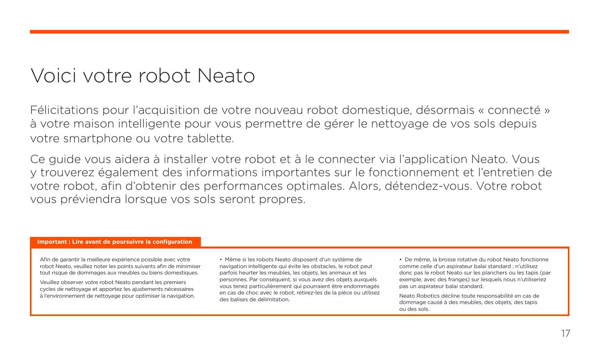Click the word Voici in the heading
coord(53,76)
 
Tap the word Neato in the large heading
coord(226,76)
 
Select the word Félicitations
coord(64,110)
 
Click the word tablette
coord(210,139)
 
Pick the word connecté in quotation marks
coord(514,110)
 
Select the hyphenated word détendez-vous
coord(428,186)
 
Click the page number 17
coord(565,334)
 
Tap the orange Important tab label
coord(115,242)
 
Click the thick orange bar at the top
coord(299,32)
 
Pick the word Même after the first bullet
coord(232,260)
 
